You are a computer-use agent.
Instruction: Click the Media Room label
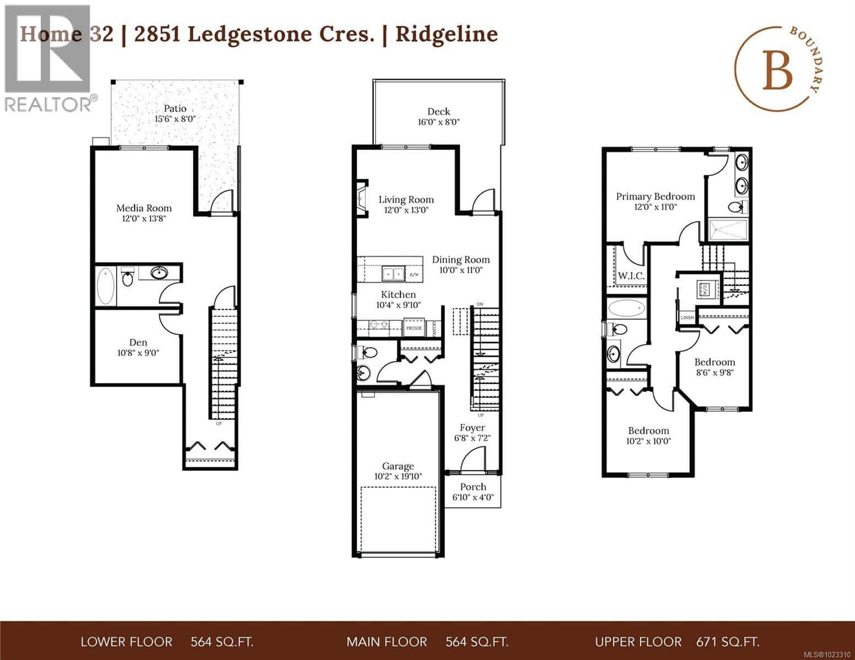click(144, 208)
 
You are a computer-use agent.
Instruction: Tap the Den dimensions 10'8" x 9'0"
click(138, 353)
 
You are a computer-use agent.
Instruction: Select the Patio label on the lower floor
click(175, 108)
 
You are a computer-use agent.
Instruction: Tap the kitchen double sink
click(394, 273)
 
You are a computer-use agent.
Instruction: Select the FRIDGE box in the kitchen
click(413, 328)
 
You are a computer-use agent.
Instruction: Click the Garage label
click(397, 466)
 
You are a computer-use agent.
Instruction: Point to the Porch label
click(473, 487)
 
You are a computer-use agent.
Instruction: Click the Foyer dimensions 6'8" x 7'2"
click(472, 438)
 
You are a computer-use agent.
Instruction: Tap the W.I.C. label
click(630, 276)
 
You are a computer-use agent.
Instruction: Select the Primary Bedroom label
click(655, 196)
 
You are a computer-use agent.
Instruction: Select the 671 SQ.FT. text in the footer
click(728, 642)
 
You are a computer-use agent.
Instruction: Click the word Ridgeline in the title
click(447, 34)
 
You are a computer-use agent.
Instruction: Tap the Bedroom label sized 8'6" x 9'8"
click(714, 362)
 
